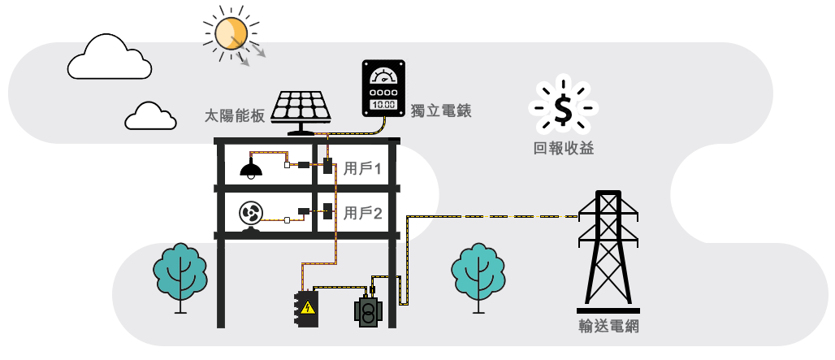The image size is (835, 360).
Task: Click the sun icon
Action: (x=230, y=33)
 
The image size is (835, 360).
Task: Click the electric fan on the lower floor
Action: (x=251, y=215)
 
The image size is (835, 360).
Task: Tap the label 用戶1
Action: (x=362, y=168)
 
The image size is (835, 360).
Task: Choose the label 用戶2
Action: (x=362, y=214)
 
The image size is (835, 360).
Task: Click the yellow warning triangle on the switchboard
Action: (x=307, y=307)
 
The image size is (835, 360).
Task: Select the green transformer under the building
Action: (x=368, y=312)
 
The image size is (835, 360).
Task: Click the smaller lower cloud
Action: (x=150, y=117)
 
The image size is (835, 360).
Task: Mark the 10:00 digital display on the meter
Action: (x=383, y=104)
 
